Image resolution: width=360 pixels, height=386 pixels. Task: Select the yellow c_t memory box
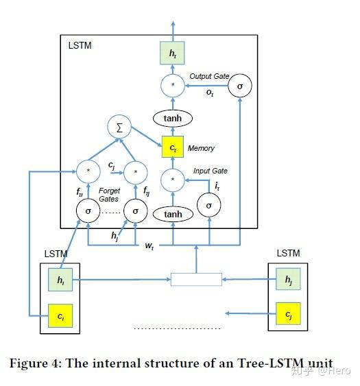click(x=173, y=147)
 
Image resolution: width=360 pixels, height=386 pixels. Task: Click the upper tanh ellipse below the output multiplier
click(x=173, y=118)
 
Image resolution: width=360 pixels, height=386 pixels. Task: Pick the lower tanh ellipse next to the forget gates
click(x=173, y=215)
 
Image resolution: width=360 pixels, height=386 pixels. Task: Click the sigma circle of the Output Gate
click(x=239, y=86)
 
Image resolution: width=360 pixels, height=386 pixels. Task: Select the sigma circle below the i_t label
click(x=209, y=205)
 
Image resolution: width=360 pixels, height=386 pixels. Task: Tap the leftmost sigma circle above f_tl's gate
click(x=88, y=211)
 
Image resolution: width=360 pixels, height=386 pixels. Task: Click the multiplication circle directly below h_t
click(x=173, y=86)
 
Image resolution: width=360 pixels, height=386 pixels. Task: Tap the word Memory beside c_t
click(x=201, y=148)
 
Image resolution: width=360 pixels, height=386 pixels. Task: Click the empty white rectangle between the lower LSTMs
click(x=196, y=279)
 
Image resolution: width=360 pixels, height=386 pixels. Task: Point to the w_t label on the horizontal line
click(x=148, y=245)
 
